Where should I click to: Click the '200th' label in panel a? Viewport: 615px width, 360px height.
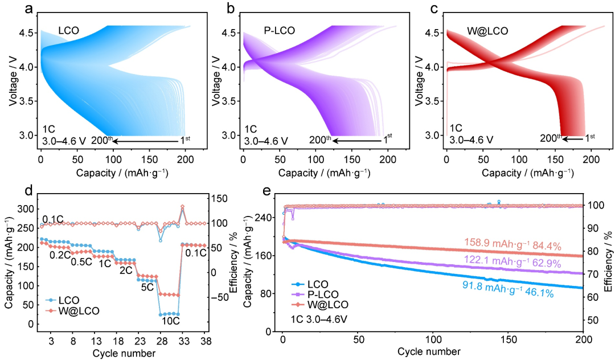pos(101,140)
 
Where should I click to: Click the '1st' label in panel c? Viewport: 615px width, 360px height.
pos(589,137)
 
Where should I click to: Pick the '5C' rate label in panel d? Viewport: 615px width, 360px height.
pos(147,287)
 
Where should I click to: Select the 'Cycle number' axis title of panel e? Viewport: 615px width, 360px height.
pos(433,351)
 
